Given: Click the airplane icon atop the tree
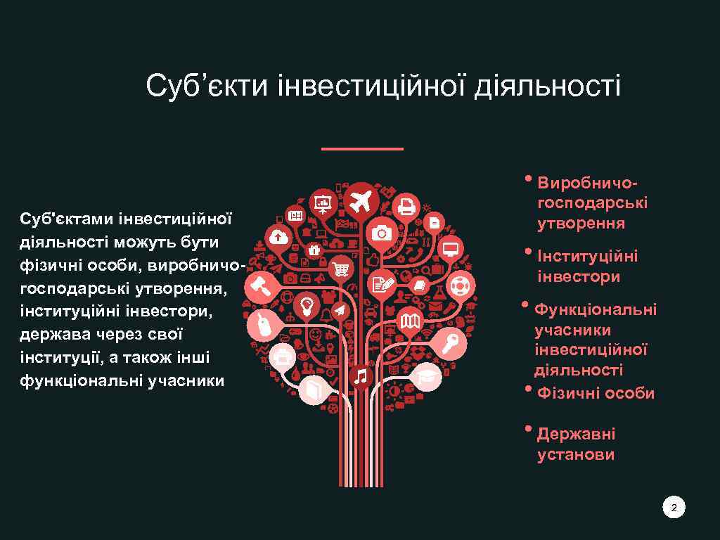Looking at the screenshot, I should click(362, 200).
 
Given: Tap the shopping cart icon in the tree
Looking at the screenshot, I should click(341, 268).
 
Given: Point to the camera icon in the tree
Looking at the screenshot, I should click(382, 233).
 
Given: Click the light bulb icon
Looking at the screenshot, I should click(307, 304).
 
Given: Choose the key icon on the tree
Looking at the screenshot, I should click(451, 344).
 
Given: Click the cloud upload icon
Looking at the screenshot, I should click(279, 237).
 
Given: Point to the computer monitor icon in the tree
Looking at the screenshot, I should click(451, 248).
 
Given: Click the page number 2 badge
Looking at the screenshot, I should click(674, 508).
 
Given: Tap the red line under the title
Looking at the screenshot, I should click(362, 149).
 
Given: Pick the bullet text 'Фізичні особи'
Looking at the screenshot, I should click(596, 393).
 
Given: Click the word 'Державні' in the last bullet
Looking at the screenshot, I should click(576, 434).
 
